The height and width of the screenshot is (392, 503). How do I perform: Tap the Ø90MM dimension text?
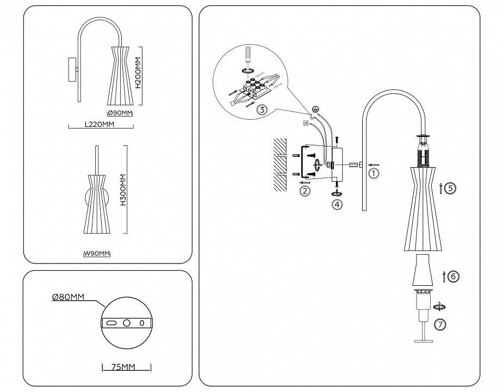[120, 113]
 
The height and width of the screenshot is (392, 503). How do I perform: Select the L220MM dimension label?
[100, 125]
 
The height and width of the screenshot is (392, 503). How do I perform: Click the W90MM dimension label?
[97, 254]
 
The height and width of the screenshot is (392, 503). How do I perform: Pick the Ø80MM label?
[67, 297]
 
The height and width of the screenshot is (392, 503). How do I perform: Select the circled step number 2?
[305, 191]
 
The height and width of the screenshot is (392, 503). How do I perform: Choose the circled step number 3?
[262, 110]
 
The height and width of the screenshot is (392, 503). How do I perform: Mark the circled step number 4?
[338, 205]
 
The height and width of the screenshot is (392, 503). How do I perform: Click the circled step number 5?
[450, 188]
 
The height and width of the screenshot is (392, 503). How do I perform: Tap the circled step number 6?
[454, 277]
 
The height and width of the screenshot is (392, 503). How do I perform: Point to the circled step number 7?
[441, 324]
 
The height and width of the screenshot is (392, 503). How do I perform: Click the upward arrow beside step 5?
[439, 189]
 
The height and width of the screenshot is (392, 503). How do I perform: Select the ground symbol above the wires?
[315, 108]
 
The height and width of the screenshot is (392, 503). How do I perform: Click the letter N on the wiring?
[305, 124]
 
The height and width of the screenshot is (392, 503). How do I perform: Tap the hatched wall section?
[280, 164]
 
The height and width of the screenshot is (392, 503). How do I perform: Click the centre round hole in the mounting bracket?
[126, 323]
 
